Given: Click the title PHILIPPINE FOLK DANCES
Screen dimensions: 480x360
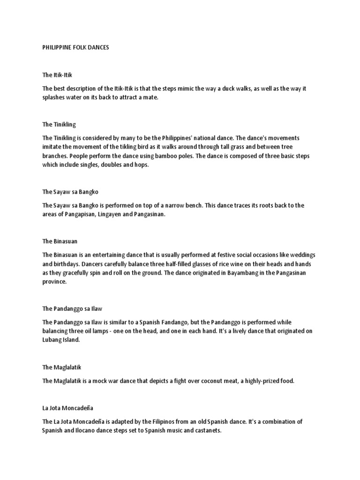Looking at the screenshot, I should coord(75,48).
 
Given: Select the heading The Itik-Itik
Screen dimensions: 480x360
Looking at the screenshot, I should coord(57,75).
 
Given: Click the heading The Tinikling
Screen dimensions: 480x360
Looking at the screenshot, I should coord(59,125).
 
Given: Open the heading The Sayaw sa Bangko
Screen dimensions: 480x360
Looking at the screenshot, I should coord(70,192).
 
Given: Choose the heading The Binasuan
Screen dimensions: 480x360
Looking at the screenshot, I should coord(60,241).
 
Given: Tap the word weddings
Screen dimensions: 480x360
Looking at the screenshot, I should coord(302,255).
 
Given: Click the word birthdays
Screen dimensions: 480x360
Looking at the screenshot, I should coord(69,264).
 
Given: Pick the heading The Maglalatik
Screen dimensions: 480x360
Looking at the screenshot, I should coord(62,367).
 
